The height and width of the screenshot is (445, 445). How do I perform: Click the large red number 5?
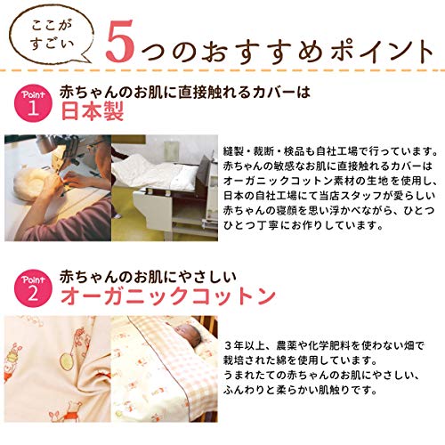coord(121,41)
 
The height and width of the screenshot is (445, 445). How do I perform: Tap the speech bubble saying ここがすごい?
coord(51,35)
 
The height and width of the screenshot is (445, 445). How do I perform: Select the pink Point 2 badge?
coord(33,287)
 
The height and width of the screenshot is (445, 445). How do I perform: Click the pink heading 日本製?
coord(92,111)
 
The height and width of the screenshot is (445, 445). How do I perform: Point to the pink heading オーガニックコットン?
coord(168,296)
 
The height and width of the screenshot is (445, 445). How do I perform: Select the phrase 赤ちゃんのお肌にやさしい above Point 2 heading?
coord(148,277)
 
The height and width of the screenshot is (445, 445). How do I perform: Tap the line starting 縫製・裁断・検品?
coord(330,151)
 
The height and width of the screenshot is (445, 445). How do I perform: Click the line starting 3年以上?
coord(324,345)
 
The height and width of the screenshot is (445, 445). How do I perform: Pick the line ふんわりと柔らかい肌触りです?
coord(300,390)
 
